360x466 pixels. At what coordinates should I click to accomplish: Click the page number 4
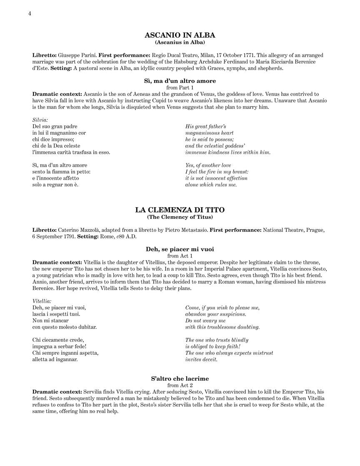coord(30,13)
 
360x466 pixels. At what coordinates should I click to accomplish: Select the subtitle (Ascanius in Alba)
coord(180,42)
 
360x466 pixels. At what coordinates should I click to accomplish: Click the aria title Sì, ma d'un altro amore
coord(180,81)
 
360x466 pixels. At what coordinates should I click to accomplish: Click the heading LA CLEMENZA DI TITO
coord(180,210)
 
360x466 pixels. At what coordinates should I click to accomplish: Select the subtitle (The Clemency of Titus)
coord(180,217)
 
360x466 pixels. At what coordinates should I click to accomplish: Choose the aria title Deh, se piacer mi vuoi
coord(180,249)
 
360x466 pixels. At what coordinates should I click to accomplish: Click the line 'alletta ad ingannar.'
coord(55,359)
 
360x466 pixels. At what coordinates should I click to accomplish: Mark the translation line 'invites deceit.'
coord(201,359)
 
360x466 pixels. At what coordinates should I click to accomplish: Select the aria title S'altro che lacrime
coord(180,379)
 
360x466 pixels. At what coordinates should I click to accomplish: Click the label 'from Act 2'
coord(180,386)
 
